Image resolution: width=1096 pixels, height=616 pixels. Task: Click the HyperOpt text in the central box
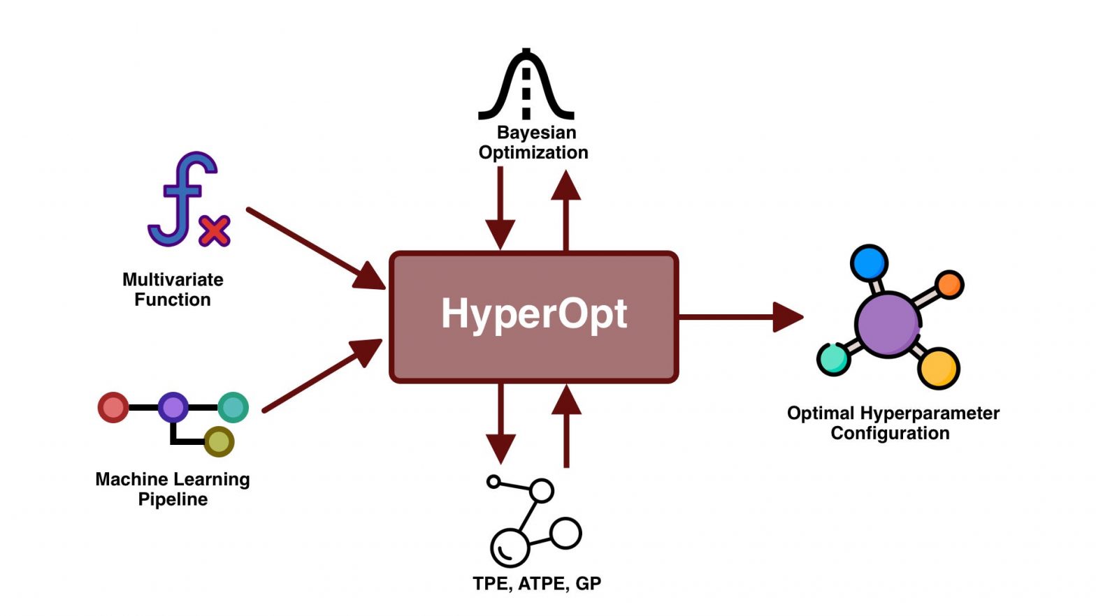[534, 314]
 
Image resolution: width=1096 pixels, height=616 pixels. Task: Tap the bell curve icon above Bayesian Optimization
[526, 85]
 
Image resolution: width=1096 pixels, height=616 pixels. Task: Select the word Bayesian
[536, 133]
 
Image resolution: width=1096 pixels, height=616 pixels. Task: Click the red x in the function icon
[215, 231]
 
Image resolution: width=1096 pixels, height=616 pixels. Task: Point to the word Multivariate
[173, 279]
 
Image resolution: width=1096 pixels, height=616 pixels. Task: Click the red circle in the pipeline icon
[113, 407]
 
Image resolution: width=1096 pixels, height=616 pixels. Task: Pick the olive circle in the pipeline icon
[219, 442]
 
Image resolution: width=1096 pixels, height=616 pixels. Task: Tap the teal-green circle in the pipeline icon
[233, 407]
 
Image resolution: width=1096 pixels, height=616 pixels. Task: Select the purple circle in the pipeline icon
[173, 407]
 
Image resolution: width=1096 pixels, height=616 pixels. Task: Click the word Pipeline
[173, 499]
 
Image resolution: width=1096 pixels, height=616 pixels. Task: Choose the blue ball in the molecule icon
[869, 263]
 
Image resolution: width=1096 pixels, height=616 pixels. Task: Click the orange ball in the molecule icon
[949, 284]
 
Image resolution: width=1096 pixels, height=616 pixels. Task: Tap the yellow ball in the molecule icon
[938, 368]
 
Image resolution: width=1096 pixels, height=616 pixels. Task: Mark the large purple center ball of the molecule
[888, 325]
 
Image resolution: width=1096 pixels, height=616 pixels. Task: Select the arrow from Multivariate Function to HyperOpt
[315, 248]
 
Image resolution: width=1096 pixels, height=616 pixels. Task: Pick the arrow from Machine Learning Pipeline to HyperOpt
[322, 376]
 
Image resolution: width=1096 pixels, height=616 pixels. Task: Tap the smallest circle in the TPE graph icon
[493, 481]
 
